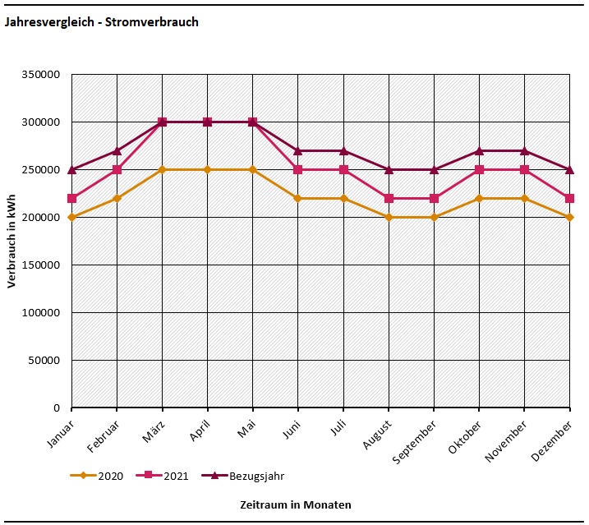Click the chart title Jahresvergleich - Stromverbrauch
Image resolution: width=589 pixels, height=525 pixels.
coord(102,22)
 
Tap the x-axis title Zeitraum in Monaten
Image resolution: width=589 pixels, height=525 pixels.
coord(295,504)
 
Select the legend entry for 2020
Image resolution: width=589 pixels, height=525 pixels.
coord(110,476)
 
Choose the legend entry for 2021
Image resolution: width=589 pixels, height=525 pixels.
coord(177,476)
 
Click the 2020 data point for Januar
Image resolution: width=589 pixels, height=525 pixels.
coord(71,217)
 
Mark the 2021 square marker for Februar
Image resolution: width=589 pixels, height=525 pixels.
coord(117,170)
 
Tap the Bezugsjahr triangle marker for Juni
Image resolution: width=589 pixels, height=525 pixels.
coord(298,150)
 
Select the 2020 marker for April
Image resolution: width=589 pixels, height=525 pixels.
coord(207,170)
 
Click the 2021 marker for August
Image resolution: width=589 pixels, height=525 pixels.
coord(389,198)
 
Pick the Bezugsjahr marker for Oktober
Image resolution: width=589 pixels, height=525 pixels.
coord(479,150)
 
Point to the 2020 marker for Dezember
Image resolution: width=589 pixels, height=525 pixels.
coord(569,217)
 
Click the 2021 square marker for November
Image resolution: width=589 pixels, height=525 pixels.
coord(524,170)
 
